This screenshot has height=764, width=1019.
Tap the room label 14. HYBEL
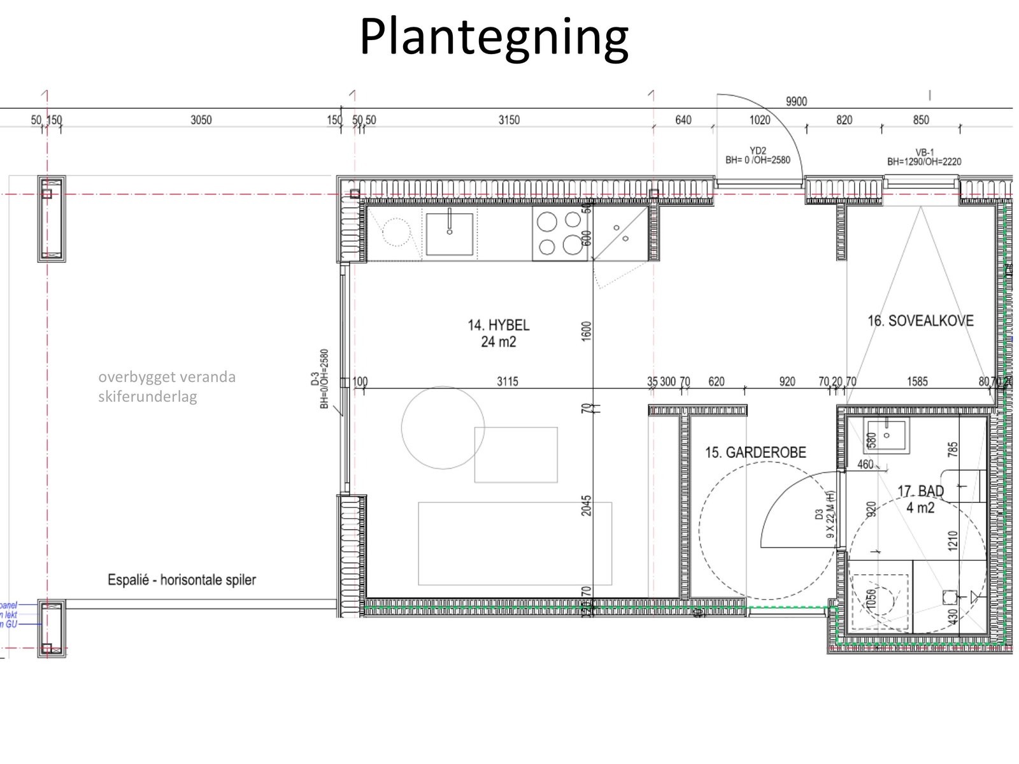(499, 325)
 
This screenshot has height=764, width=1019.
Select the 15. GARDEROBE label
(755, 453)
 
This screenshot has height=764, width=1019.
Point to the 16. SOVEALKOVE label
(920, 321)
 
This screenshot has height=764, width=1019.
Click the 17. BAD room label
(920, 492)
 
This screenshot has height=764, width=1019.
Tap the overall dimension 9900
(796, 102)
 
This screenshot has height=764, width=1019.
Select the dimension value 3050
(201, 120)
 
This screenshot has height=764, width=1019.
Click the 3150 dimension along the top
(509, 120)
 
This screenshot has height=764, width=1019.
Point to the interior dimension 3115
(508, 382)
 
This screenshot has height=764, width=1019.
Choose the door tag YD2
(757, 151)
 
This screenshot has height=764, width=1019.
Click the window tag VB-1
(924, 153)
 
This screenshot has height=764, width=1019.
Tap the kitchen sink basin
(450, 234)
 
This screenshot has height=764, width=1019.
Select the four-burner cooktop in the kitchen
(559, 233)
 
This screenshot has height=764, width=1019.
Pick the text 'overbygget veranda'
(167, 377)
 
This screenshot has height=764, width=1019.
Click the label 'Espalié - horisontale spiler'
(182, 580)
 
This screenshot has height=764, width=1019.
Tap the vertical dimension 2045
(587, 506)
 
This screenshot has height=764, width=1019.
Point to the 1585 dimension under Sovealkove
(917, 382)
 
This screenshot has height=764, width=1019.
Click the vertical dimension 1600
(587, 331)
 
